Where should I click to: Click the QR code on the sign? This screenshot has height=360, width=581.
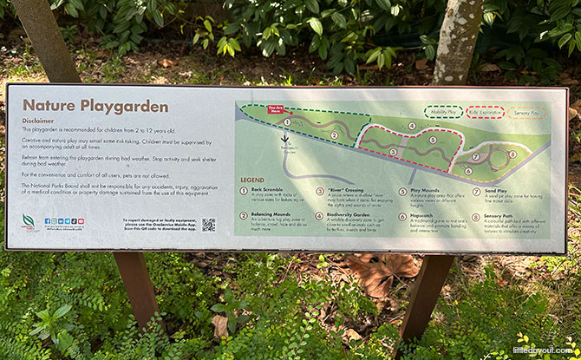tap(209, 224)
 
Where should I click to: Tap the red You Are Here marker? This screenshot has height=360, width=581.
tap(277, 110)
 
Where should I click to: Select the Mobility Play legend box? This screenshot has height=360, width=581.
tap(443, 112)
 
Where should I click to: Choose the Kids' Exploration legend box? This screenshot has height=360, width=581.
tap(485, 112)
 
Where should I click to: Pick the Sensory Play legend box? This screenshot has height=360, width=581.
tap(527, 112)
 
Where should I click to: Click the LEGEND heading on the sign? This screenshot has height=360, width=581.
tap(252, 180)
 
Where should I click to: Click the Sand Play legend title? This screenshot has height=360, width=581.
tap(496, 190)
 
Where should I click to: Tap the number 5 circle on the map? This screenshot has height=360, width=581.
tap(432, 140)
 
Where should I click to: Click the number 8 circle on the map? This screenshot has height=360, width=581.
tap(512, 154)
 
